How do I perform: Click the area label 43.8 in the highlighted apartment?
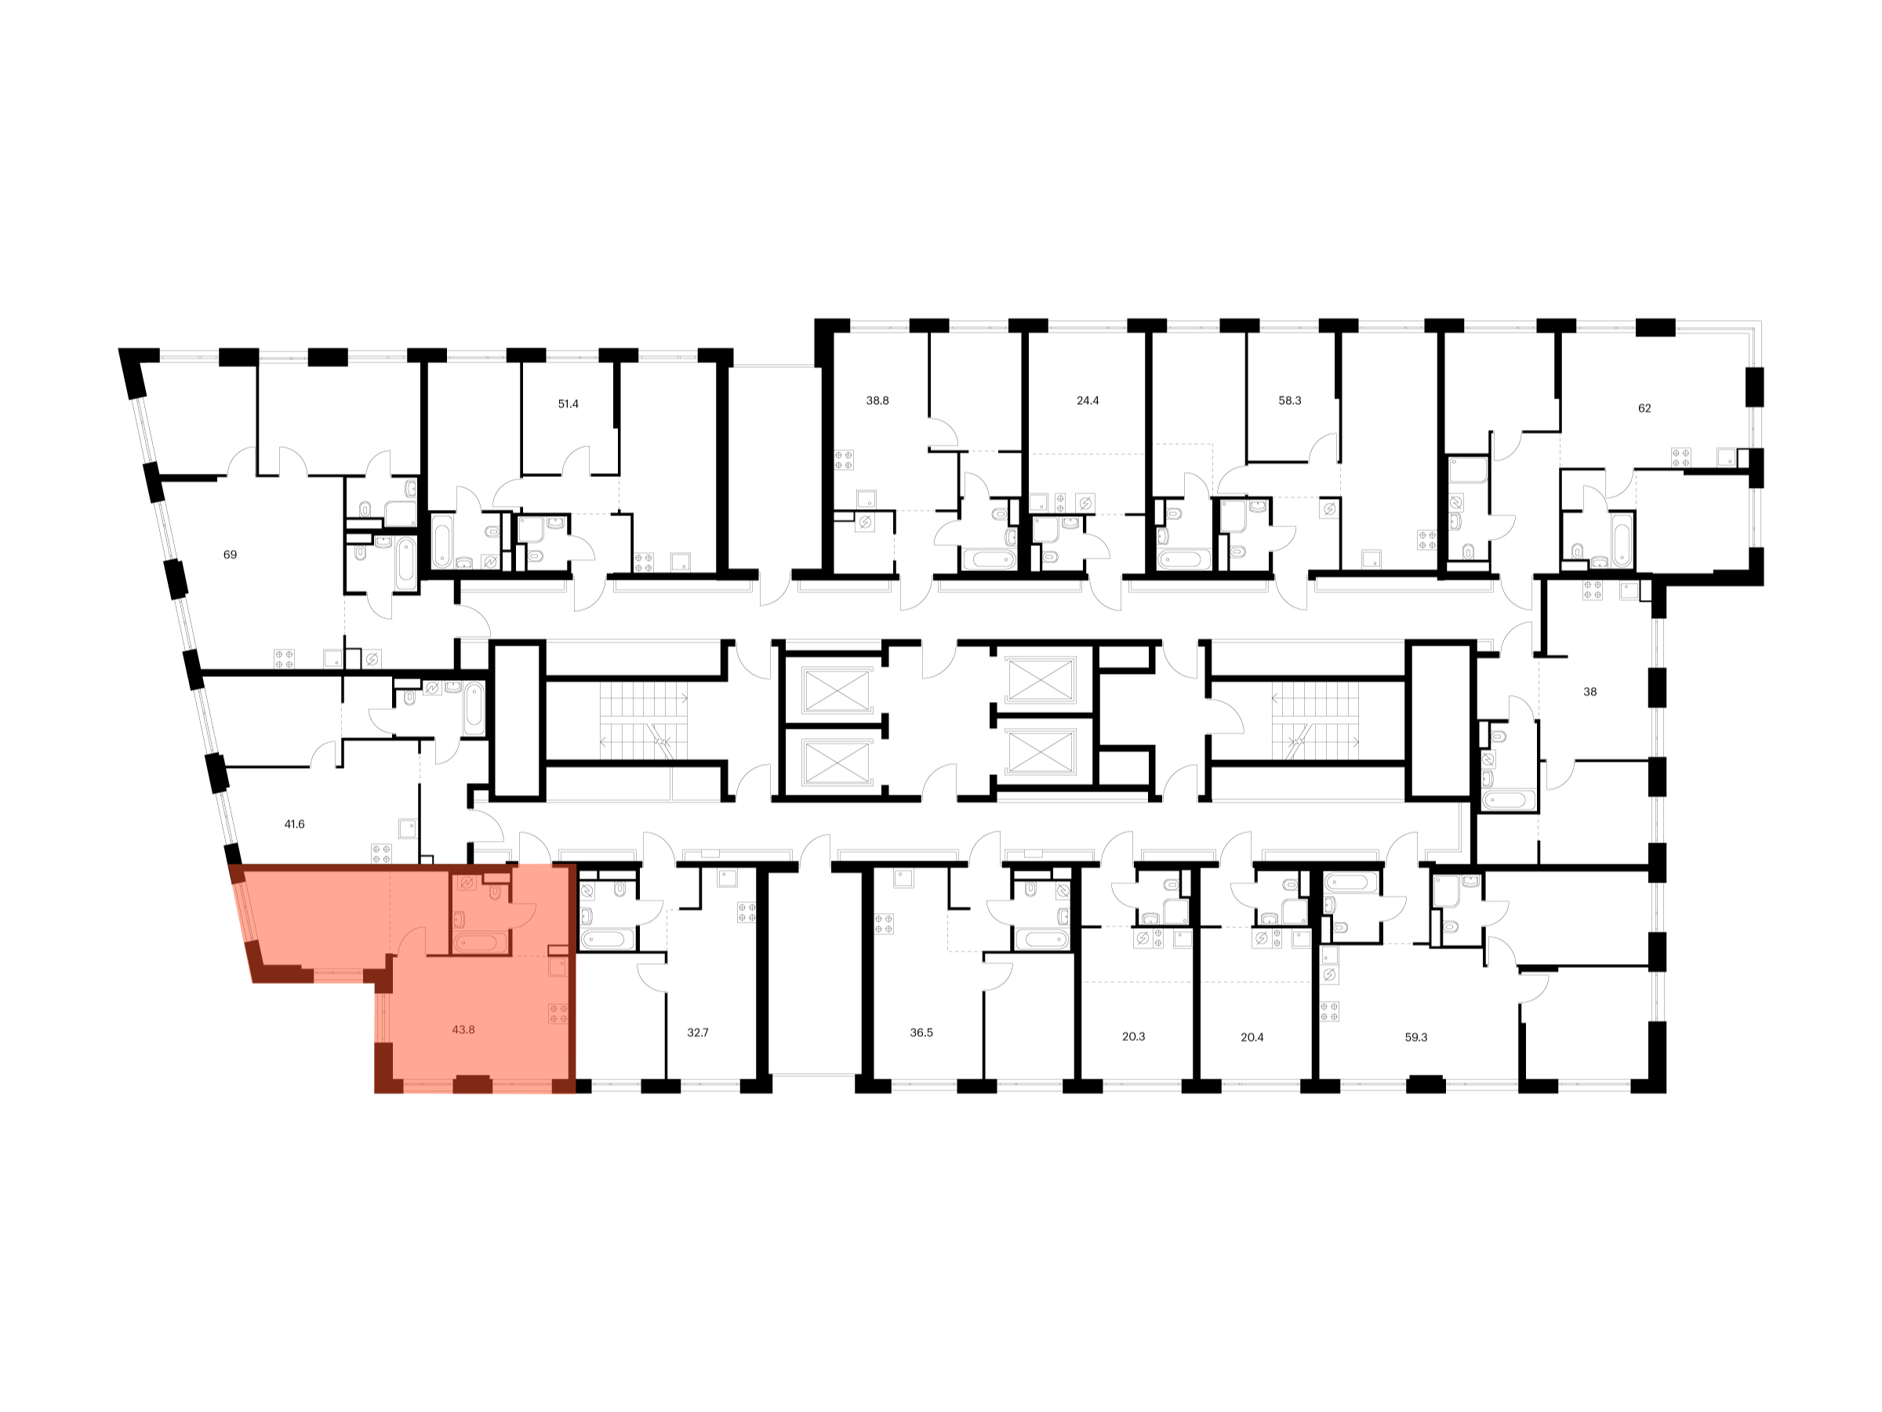tap(463, 1029)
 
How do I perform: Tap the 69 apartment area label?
tap(230, 554)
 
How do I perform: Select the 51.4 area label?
tap(568, 403)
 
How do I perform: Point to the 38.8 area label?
tap(877, 400)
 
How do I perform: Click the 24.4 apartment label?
tap(1088, 400)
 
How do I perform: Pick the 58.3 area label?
tap(1290, 400)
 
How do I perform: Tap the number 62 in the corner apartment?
tap(1644, 408)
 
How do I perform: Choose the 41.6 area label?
tap(294, 824)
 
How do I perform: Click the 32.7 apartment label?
tap(698, 1032)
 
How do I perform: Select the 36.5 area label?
tap(921, 1032)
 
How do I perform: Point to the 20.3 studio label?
tap(1133, 1037)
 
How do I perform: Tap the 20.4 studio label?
tap(1252, 1037)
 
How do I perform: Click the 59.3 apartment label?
tap(1415, 1037)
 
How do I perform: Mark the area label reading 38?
tap(1590, 692)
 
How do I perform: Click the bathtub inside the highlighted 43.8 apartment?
tap(481, 942)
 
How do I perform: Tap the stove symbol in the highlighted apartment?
tap(558, 1013)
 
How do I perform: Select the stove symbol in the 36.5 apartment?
tap(884, 923)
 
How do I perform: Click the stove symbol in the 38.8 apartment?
tap(844, 460)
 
